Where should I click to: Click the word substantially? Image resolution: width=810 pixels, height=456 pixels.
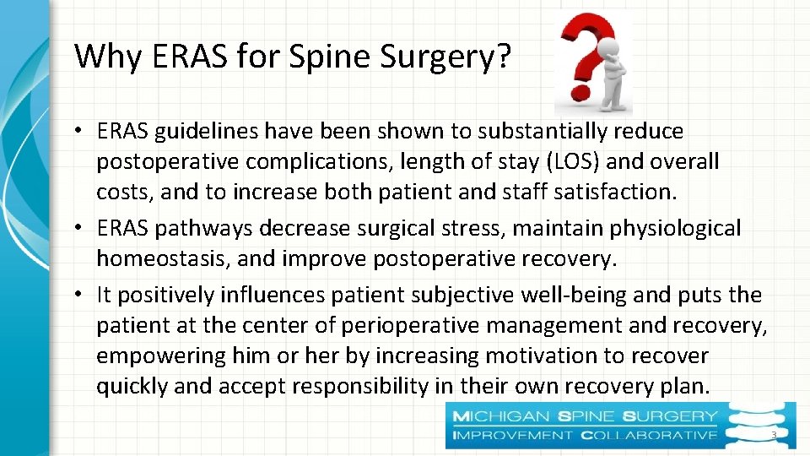[x=532, y=132]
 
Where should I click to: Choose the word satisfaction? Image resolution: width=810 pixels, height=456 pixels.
[x=615, y=192]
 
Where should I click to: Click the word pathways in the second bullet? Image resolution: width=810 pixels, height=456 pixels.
[x=213, y=228]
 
